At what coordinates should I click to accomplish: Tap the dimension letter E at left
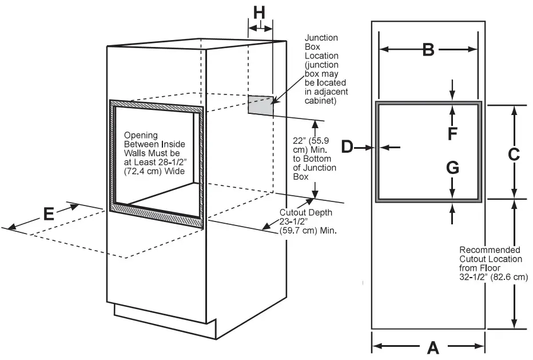pyautogui.click(x=49, y=214)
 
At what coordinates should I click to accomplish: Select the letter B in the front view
pyautogui.click(x=428, y=50)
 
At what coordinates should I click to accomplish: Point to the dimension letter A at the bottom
pyautogui.click(x=433, y=346)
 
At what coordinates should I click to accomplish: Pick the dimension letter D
pyautogui.click(x=347, y=147)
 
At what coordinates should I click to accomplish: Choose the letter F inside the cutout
pyautogui.click(x=452, y=133)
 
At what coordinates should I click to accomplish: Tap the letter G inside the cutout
pyautogui.click(x=452, y=168)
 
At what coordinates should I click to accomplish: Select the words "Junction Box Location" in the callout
pyautogui.click(x=321, y=46)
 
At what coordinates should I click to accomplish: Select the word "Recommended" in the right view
pyautogui.click(x=490, y=250)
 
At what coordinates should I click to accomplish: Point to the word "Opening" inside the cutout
pyautogui.click(x=141, y=135)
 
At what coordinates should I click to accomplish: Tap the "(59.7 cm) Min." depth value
pyautogui.click(x=308, y=231)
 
